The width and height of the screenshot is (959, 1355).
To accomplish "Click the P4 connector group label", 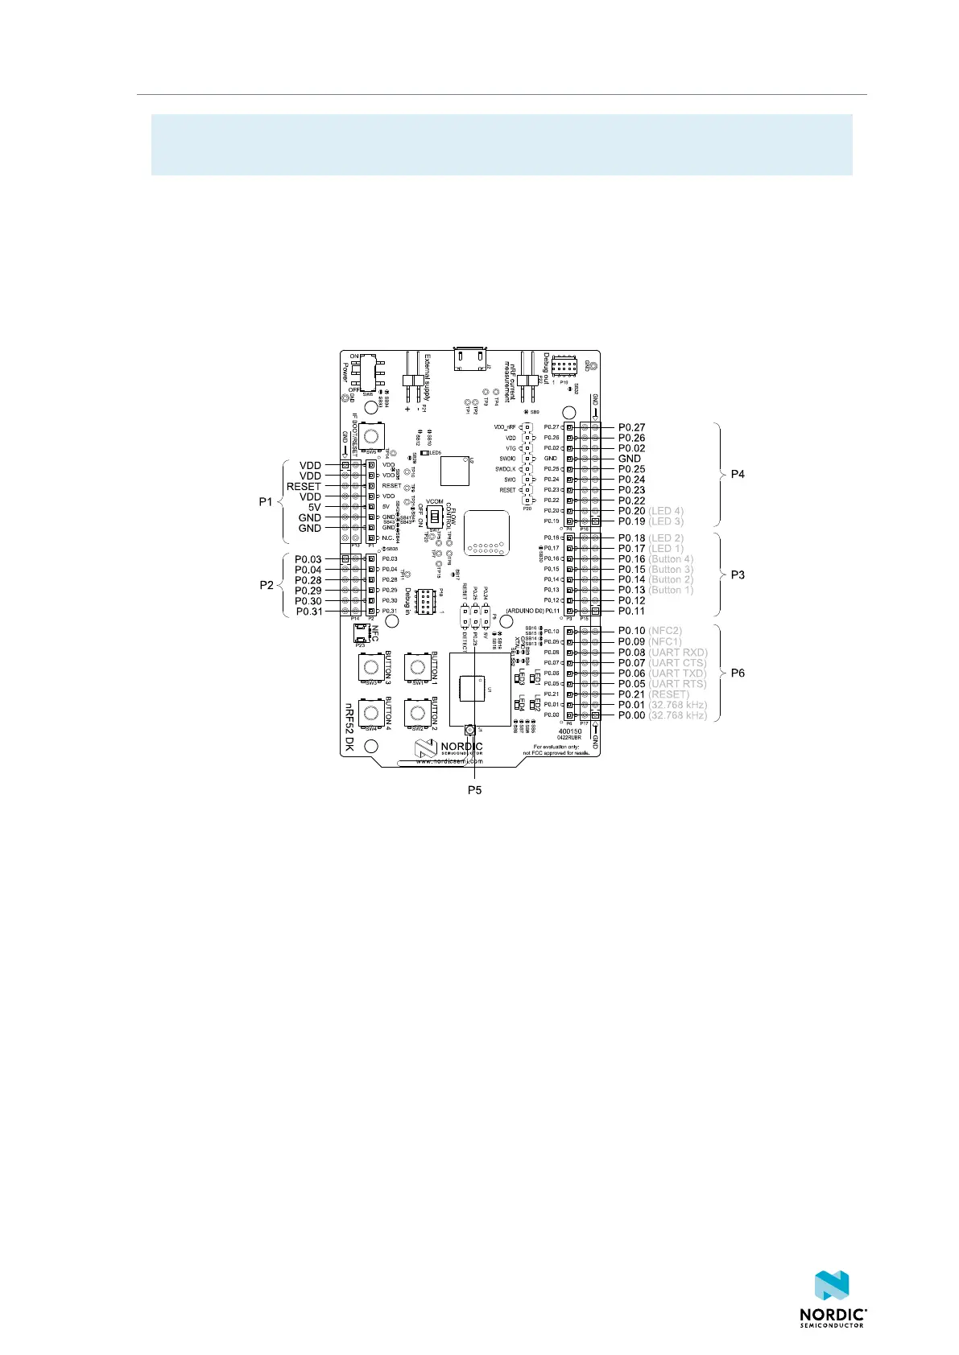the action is (737, 474).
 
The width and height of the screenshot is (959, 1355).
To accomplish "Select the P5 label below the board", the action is (474, 790).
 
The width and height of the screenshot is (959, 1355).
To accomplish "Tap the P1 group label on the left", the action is (266, 501).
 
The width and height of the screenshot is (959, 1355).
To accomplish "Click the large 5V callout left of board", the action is (314, 507).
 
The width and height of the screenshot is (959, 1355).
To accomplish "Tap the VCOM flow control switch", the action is (435, 515).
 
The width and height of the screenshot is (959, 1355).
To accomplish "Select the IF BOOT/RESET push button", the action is (371, 436).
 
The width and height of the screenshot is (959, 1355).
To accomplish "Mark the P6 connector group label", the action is (737, 673).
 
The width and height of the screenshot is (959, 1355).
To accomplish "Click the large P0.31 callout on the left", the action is (309, 612).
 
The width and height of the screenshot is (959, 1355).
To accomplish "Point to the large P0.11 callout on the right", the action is (632, 611).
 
